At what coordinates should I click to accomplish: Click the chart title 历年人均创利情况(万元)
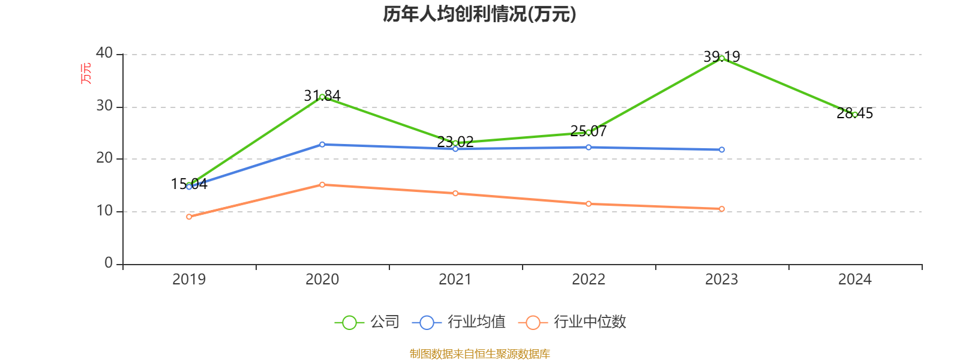pyautogui.click(x=479, y=14)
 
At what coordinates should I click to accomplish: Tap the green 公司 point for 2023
pyautogui.click(x=721, y=58)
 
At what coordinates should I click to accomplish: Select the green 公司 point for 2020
pyautogui.click(x=322, y=97)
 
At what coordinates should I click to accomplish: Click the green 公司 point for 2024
pyautogui.click(x=854, y=114)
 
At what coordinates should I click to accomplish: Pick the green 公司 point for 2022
pyautogui.click(x=589, y=132)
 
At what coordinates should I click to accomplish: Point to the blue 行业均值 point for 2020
pyautogui.click(x=322, y=145)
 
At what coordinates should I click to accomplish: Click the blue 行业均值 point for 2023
pyautogui.click(x=721, y=149)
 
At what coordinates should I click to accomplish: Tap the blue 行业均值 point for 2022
pyautogui.click(x=589, y=147)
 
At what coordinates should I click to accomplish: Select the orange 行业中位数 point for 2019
pyautogui.click(x=189, y=217)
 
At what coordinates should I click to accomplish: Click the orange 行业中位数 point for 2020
pyautogui.click(x=322, y=185)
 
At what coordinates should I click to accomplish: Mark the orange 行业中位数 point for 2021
pyautogui.click(x=455, y=193)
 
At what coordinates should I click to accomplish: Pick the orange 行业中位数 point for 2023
pyautogui.click(x=721, y=209)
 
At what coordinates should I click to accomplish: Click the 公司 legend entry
pyautogui.click(x=367, y=322)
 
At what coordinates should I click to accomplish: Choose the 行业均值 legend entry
pyautogui.click(x=459, y=322)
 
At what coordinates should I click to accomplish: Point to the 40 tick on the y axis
pyautogui.click(x=104, y=53)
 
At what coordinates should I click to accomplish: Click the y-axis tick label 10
pyautogui.click(x=104, y=211)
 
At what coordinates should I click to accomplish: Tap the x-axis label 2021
pyautogui.click(x=455, y=279)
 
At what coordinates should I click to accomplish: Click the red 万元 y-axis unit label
pyautogui.click(x=86, y=73)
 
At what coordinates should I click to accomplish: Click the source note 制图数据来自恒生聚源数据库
pyautogui.click(x=479, y=353)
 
